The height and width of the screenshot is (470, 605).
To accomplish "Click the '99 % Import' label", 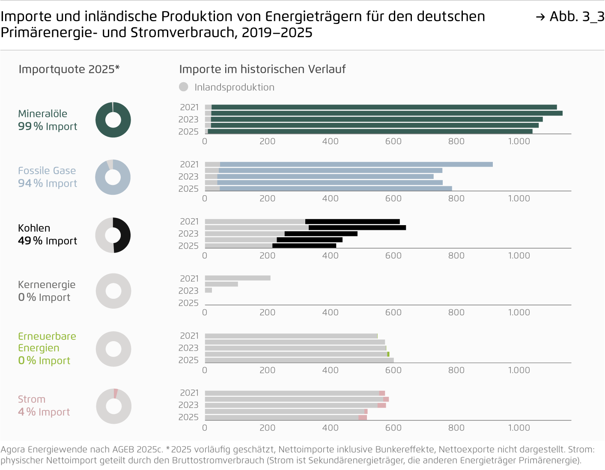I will tap(48, 127).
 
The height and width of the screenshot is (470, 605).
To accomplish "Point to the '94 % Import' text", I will tap(48, 184).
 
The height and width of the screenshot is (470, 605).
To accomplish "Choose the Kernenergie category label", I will tap(47, 285).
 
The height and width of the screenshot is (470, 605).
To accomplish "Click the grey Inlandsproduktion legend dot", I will tap(184, 87).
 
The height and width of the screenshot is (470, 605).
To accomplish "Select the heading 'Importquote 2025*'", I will tap(69, 69).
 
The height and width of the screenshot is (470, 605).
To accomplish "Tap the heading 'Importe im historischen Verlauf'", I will tap(262, 69).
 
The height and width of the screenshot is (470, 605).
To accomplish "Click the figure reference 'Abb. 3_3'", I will tap(576, 17).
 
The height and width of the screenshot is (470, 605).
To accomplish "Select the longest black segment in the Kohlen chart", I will tap(357, 228).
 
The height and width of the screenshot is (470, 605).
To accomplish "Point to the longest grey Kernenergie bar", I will tap(238, 278).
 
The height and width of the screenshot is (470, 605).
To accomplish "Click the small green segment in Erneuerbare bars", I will tap(388, 354).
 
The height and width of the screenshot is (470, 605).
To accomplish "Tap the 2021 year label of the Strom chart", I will tap(189, 393).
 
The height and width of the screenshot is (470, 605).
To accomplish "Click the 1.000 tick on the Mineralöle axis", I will tap(519, 141).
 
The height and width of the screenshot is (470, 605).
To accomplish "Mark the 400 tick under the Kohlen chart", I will tap(330, 256).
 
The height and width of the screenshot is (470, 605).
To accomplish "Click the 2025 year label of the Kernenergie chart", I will tap(188, 303).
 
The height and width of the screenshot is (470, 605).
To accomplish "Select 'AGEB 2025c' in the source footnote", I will tap(137, 449).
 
